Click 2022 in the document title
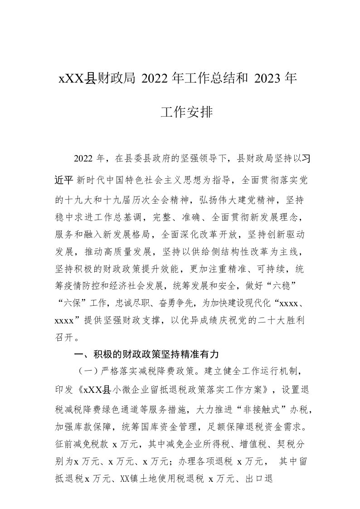pyautogui.click(x=154, y=78)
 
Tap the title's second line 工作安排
pyautogui.click(x=186, y=112)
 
